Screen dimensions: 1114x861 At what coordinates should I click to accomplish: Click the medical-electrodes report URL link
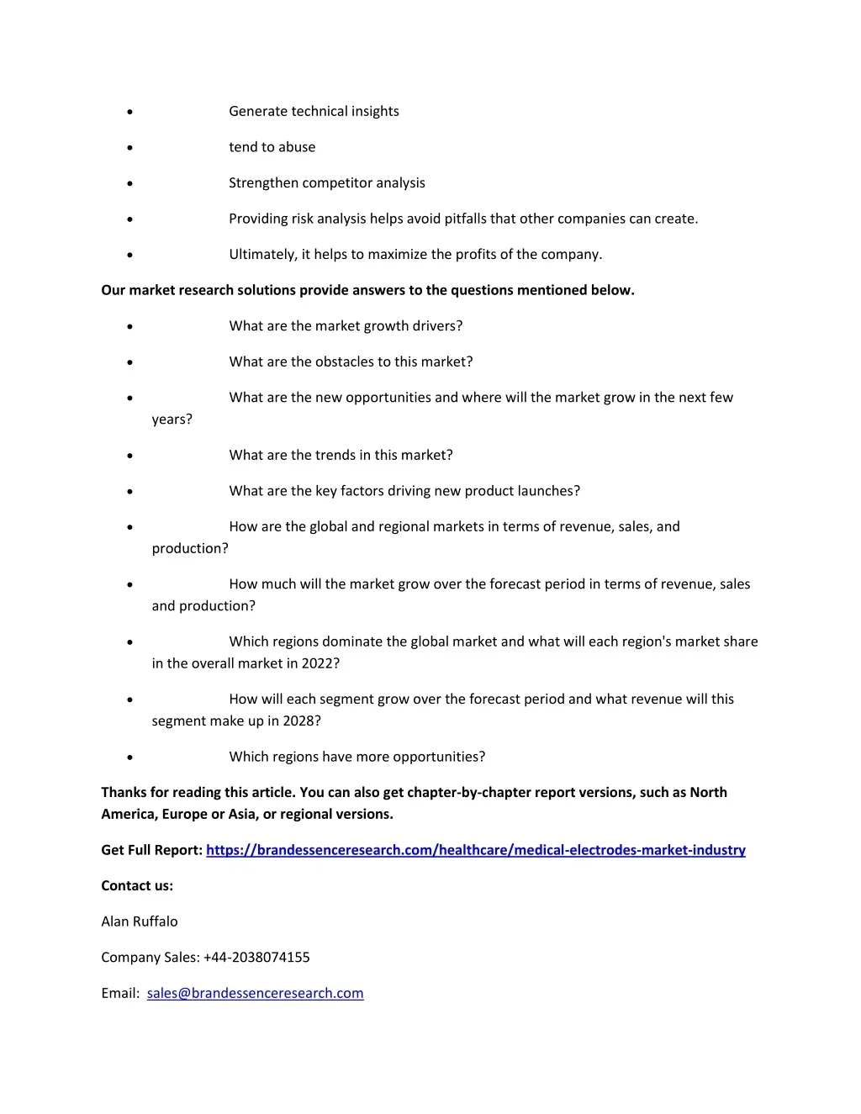pyautogui.click(x=475, y=850)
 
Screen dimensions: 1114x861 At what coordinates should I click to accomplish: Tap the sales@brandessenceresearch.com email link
pyautogui.click(x=255, y=993)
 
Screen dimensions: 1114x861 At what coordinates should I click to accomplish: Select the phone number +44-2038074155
pyautogui.click(x=256, y=957)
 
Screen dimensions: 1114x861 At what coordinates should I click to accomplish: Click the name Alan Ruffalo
pyautogui.click(x=140, y=921)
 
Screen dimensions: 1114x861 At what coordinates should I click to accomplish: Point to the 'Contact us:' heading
pyautogui.click(x=137, y=885)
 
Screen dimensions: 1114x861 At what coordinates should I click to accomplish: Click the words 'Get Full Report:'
pyautogui.click(x=151, y=850)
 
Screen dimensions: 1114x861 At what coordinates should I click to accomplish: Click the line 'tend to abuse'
pyautogui.click(x=272, y=147)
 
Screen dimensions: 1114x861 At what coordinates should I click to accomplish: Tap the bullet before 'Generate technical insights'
pyautogui.click(x=129, y=112)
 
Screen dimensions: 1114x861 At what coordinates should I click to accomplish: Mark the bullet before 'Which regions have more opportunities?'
pyautogui.click(x=129, y=758)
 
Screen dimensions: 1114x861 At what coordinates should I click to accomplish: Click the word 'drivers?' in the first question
pyautogui.click(x=436, y=326)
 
